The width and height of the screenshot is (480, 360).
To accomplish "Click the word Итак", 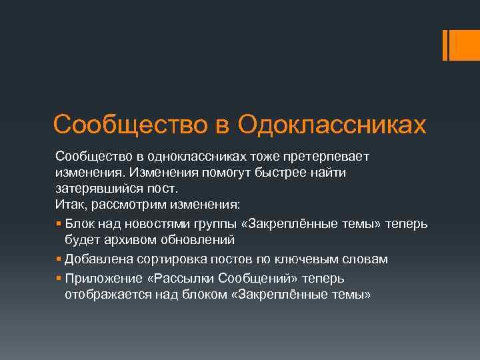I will tap(68, 205).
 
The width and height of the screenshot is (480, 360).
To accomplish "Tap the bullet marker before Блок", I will tap(59, 222).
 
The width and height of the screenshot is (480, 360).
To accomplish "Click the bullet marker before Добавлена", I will tap(59, 259).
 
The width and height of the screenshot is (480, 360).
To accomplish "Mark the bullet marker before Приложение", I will tap(59, 277).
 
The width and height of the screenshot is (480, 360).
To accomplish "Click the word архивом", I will tap(121, 239).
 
